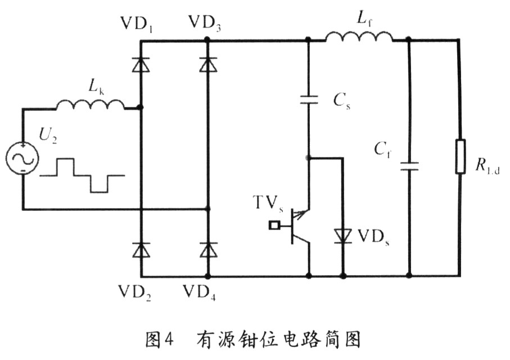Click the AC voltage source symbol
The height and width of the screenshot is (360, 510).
22,157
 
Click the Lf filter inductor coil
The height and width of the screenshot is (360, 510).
359,37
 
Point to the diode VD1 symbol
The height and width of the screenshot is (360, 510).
141,65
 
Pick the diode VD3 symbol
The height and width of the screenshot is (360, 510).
208,65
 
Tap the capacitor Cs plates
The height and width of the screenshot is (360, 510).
308,100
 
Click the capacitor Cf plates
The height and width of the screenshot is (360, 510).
409,165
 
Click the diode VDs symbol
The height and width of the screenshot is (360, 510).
342,235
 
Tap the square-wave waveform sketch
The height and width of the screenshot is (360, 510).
82,175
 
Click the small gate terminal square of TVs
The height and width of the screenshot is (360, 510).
274,226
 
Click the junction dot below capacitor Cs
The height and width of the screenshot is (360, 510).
308,158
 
